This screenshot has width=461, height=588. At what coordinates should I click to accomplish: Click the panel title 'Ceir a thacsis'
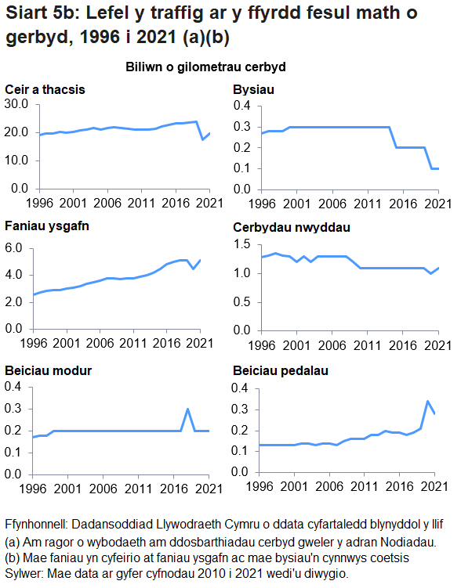tap(45, 88)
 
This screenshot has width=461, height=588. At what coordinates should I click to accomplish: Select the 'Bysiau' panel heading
tap(252, 88)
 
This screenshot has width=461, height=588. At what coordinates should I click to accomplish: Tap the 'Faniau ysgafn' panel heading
tap(45, 228)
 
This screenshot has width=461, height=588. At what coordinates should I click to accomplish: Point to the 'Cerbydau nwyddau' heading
tap(291, 228)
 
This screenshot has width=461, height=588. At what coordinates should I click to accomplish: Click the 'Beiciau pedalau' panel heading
tap(280, 370)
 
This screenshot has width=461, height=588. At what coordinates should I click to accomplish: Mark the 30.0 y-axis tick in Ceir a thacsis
tap(16, 104)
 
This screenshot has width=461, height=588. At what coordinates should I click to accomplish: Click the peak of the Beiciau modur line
tap(187, 409)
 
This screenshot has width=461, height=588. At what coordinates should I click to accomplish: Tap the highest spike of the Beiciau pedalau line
tap(427, 401)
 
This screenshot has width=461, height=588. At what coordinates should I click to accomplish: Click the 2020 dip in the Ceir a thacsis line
tap(202, 139)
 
